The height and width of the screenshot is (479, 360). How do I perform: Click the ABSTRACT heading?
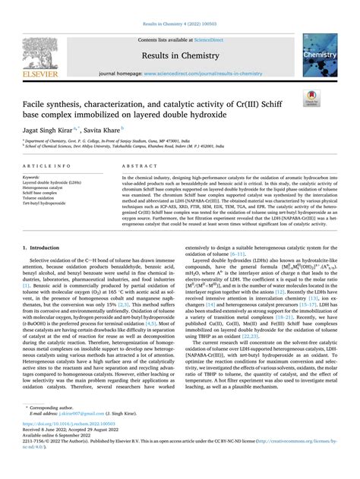click(x=134, y=165)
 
